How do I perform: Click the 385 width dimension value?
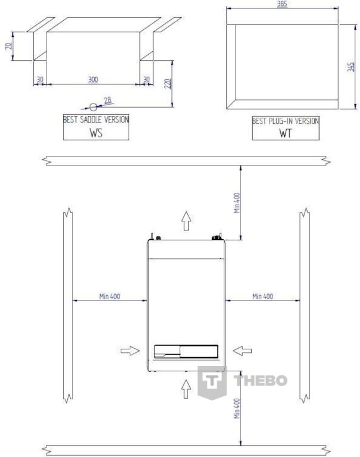pyautogui.click(x=282, y=4)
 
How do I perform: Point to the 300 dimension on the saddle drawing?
pyautogui.click(x=93, y=79)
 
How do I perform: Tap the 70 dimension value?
pyautogui.click(x=9, y=45)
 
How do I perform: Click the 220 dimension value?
pyautogui.click(x=168, y=84)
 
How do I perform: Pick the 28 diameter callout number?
pyautogui.click(x=108, y=100)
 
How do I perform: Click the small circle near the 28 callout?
pyautogui.click(x=93, y=107)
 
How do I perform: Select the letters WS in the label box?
pyautogui.click(x=96, y=133)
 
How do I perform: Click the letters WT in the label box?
pyautogui.click(x=285, y=133)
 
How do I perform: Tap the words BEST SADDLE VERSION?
pyautogui.click(x=96, y=119)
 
